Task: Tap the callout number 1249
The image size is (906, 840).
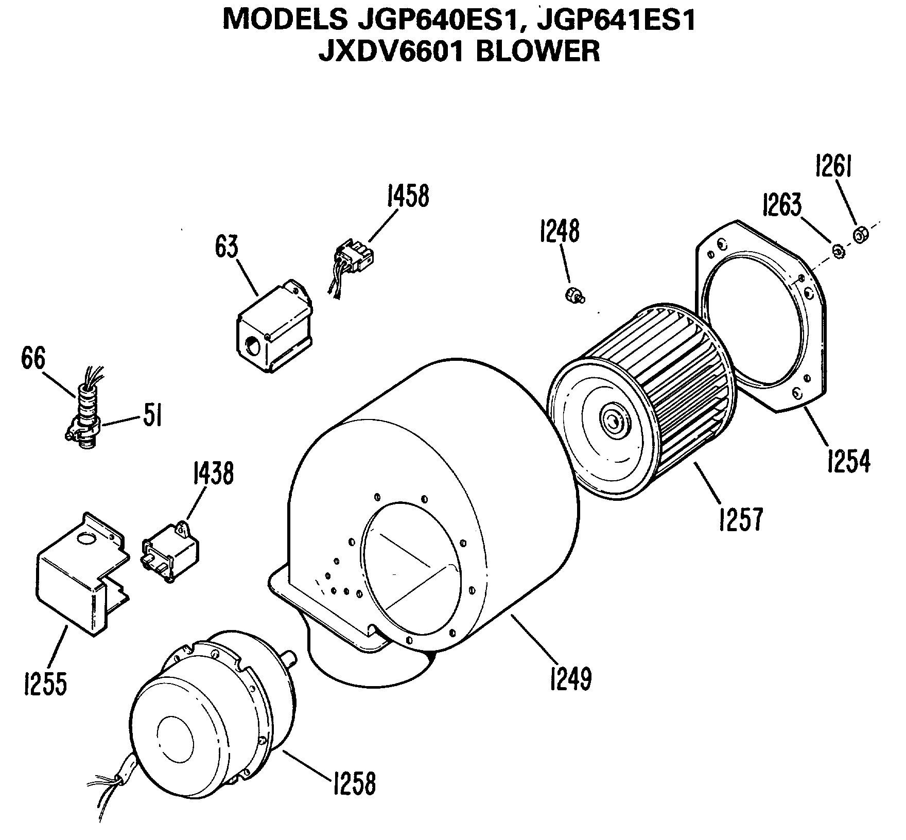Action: [x=570, y=678]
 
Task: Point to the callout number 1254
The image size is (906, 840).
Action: [x=848, y=460]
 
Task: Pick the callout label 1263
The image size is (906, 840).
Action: [x=781, y=205]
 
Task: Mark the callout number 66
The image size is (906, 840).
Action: [x=33, y=358]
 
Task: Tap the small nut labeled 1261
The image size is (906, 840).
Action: [x=860, y=235]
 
